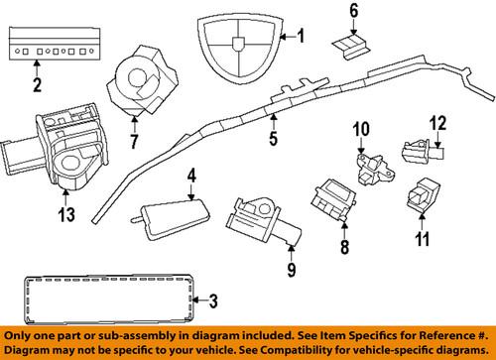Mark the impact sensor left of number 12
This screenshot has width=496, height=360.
pos(415,150)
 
